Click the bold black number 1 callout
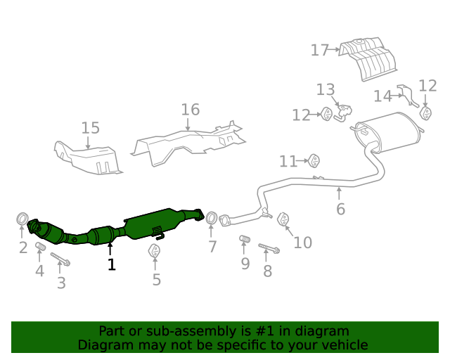click(x=112, y=264)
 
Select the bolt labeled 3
click(x=60, y=259)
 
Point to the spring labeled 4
click(x=41, y=246)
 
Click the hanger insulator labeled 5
click(x=155, y=250)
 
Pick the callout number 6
click(x=340, y=209)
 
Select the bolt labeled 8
click(x=269, y=248)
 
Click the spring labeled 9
click(x=245, y=238)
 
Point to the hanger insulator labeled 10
click(x=283, y=219)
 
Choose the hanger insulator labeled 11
click(x=314, y=160)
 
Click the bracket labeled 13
click(x=342, y=112)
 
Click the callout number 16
click(x=191, y=110)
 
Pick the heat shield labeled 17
click(x=368, y=58)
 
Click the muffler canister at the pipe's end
click(x=387, y=132)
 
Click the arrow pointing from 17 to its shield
click(x=334, y=49)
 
